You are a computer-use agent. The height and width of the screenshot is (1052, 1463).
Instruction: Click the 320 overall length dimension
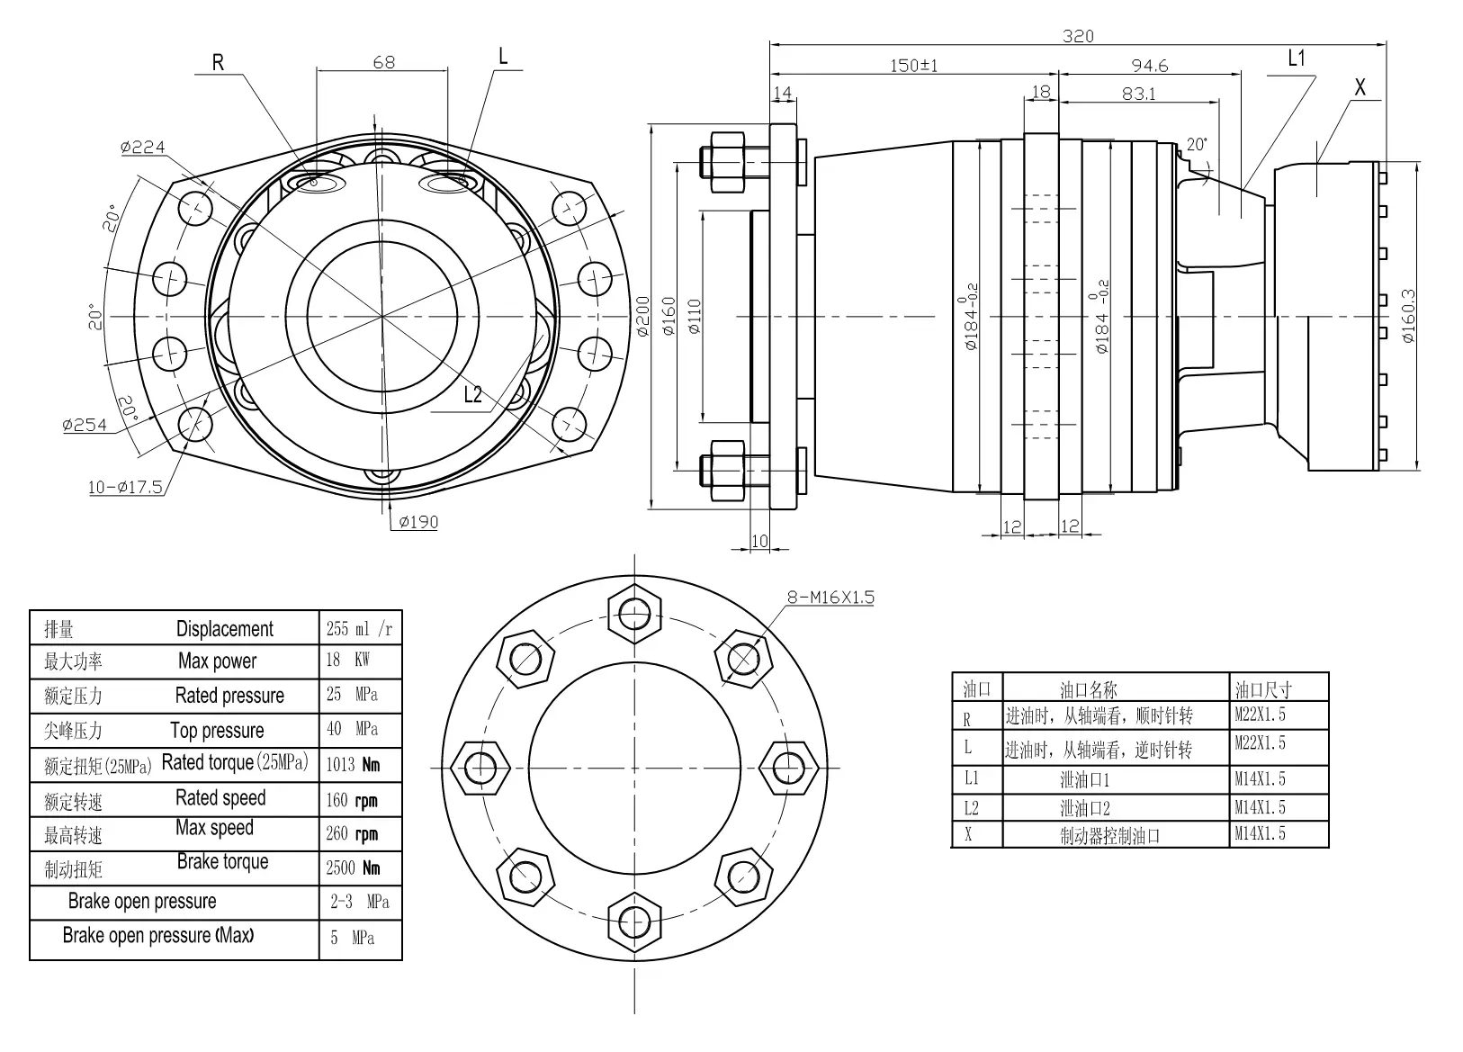click(x=1078, y=36)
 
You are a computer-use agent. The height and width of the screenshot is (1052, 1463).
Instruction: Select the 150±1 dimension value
click(x=913, y=65)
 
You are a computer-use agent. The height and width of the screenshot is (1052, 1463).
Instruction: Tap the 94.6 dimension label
click(x=1149, y=65)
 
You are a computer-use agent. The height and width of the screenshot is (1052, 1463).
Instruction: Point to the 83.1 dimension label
click(x=1139, y=93)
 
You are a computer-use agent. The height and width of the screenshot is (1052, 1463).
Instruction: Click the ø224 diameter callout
click(x=143, y=147)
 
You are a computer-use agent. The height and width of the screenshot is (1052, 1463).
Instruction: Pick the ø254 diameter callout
click(x=85, y=425)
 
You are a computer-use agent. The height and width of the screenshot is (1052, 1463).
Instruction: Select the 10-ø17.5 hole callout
click(x=125, y=487)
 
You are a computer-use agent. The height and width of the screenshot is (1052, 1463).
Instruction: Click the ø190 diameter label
click(x=417, y=521)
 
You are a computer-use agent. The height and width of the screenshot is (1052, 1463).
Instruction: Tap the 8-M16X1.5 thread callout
click(x=830, y=597)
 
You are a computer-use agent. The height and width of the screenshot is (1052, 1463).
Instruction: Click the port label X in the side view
click(x=1360, y=87)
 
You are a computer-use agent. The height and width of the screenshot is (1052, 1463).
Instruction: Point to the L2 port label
click(x=473, y=393)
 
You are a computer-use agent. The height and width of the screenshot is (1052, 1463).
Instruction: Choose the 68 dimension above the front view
click(x=383, y=62)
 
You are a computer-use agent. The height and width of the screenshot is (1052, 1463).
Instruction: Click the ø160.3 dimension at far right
click(x=1409, y=316)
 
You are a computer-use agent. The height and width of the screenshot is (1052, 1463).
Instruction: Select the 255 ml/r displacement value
click(x=359, y=628)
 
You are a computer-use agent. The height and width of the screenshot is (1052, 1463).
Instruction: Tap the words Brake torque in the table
click(x=222, y=861)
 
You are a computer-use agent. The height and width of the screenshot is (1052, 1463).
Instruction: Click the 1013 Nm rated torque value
click(x=353, y=765)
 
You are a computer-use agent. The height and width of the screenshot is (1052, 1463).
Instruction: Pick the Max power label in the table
click(x=217, y=661)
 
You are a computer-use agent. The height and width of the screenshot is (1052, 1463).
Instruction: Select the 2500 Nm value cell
click(x=353, y=868)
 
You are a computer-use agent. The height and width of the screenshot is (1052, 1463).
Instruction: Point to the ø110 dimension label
click(x=694, y=317)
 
